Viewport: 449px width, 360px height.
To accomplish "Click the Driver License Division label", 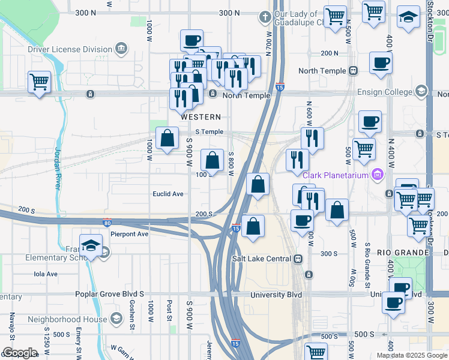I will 70,49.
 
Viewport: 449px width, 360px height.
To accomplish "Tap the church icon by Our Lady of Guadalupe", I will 265,16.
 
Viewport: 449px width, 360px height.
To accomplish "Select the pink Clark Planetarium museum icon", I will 378,175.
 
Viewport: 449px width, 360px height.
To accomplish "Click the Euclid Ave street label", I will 167,194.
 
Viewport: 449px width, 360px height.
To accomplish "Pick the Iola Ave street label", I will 46,274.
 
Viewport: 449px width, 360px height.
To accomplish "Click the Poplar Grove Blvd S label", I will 110,295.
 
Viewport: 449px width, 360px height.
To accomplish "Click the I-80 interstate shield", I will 107,222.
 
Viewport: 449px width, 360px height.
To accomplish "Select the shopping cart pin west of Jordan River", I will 39,81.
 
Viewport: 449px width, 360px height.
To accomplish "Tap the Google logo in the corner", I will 19,353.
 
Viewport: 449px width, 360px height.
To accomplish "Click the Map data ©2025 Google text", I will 411,355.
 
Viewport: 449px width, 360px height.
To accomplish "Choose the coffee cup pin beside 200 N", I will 381,62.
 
